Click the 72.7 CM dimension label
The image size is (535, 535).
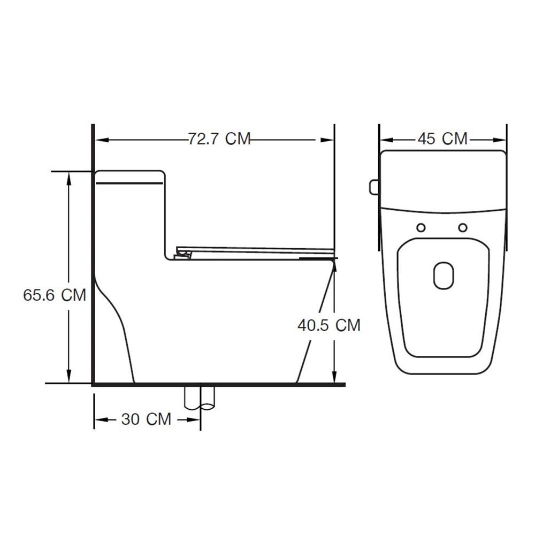point(219,139)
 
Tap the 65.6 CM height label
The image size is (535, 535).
point(54,295)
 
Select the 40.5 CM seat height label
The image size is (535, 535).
point(329,325)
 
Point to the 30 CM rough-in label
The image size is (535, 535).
point(146,419)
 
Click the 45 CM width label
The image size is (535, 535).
point(442,139)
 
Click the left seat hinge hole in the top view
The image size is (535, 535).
point(422,227)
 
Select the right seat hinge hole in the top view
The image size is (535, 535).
point(463,227)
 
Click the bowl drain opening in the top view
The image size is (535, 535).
point(444,276)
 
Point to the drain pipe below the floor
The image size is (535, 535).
point(200,398)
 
